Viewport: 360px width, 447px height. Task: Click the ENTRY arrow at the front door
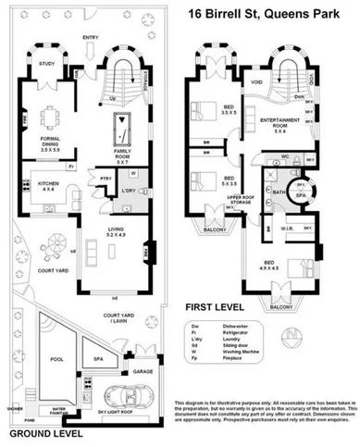[91, 47]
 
